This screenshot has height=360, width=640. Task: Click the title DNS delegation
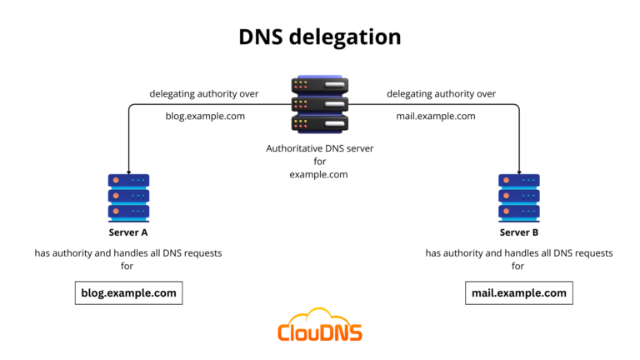click(320, 37)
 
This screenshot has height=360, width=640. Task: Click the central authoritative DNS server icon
click(320, 104)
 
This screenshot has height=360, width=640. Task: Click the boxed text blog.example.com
click(128, 292)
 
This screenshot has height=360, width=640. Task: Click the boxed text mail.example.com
click(518, 292)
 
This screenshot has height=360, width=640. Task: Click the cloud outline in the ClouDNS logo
click(320, 316)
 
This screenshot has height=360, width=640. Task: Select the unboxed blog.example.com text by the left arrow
click(205, 116)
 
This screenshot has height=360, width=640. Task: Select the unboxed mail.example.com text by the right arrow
click(435, 116)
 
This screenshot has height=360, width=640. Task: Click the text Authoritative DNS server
click(320, 147)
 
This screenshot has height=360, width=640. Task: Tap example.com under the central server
click(320, 174)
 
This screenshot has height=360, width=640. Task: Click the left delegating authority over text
click(204, 93)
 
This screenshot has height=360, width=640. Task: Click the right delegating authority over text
click(441, 93)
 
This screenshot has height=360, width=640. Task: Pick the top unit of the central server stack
click(320, 85)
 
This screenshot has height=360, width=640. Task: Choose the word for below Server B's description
click(518, 266)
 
